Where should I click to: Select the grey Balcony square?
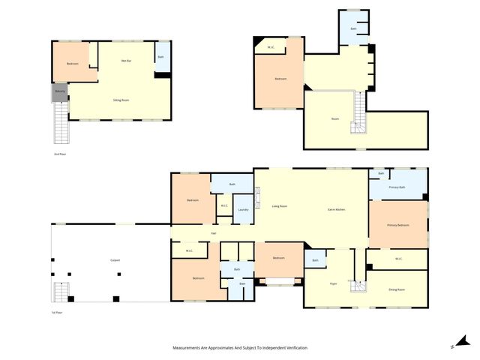coord(60,92)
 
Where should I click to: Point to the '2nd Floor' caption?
coord(59,154)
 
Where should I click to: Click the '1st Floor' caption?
coord(57,312)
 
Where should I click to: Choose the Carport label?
coord(115,260)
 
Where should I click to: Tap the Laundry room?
coord(243,210)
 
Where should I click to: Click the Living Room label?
coord(279,205)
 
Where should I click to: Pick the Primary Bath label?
coord(397,187)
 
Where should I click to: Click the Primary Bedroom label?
coord(397,225)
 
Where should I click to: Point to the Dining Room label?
coord(397,289)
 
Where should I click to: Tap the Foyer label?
coord(333,283)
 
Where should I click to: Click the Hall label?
coord(214,233)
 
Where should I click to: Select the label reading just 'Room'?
coord(335,119)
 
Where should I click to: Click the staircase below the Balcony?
coord(60,123)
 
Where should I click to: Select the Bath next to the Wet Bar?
coord(160,58)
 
